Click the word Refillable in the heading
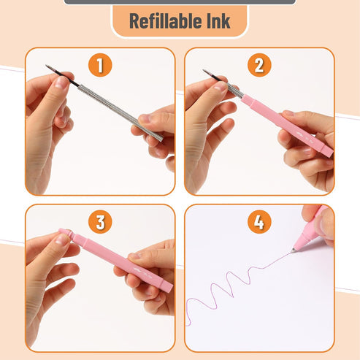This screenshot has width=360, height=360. (x=166, y=21)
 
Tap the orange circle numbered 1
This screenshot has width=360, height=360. (x=100, y=65)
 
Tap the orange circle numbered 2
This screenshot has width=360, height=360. (x=259, y=65)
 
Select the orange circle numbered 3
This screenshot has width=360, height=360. (x=100, y=222)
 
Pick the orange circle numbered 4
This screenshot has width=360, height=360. (x=259, y=222)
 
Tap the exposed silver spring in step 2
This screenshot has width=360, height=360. (x=235, y=91)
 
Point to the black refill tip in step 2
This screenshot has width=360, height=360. (x=212, y=75)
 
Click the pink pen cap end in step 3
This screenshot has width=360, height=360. (x=66, y=234)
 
